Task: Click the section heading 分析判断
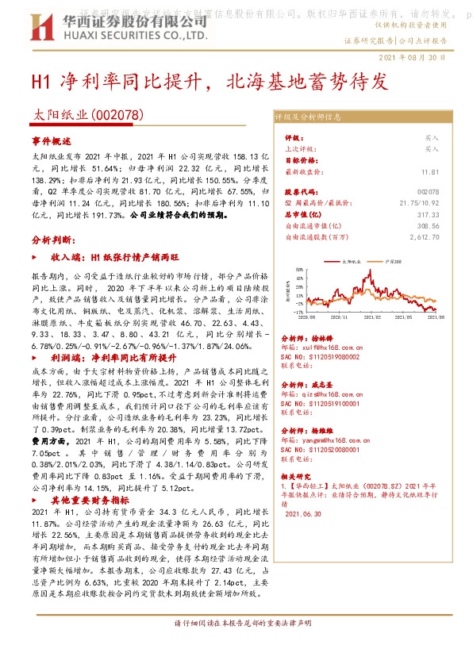click(53, 239)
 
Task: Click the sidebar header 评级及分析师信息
click(309, 117)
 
